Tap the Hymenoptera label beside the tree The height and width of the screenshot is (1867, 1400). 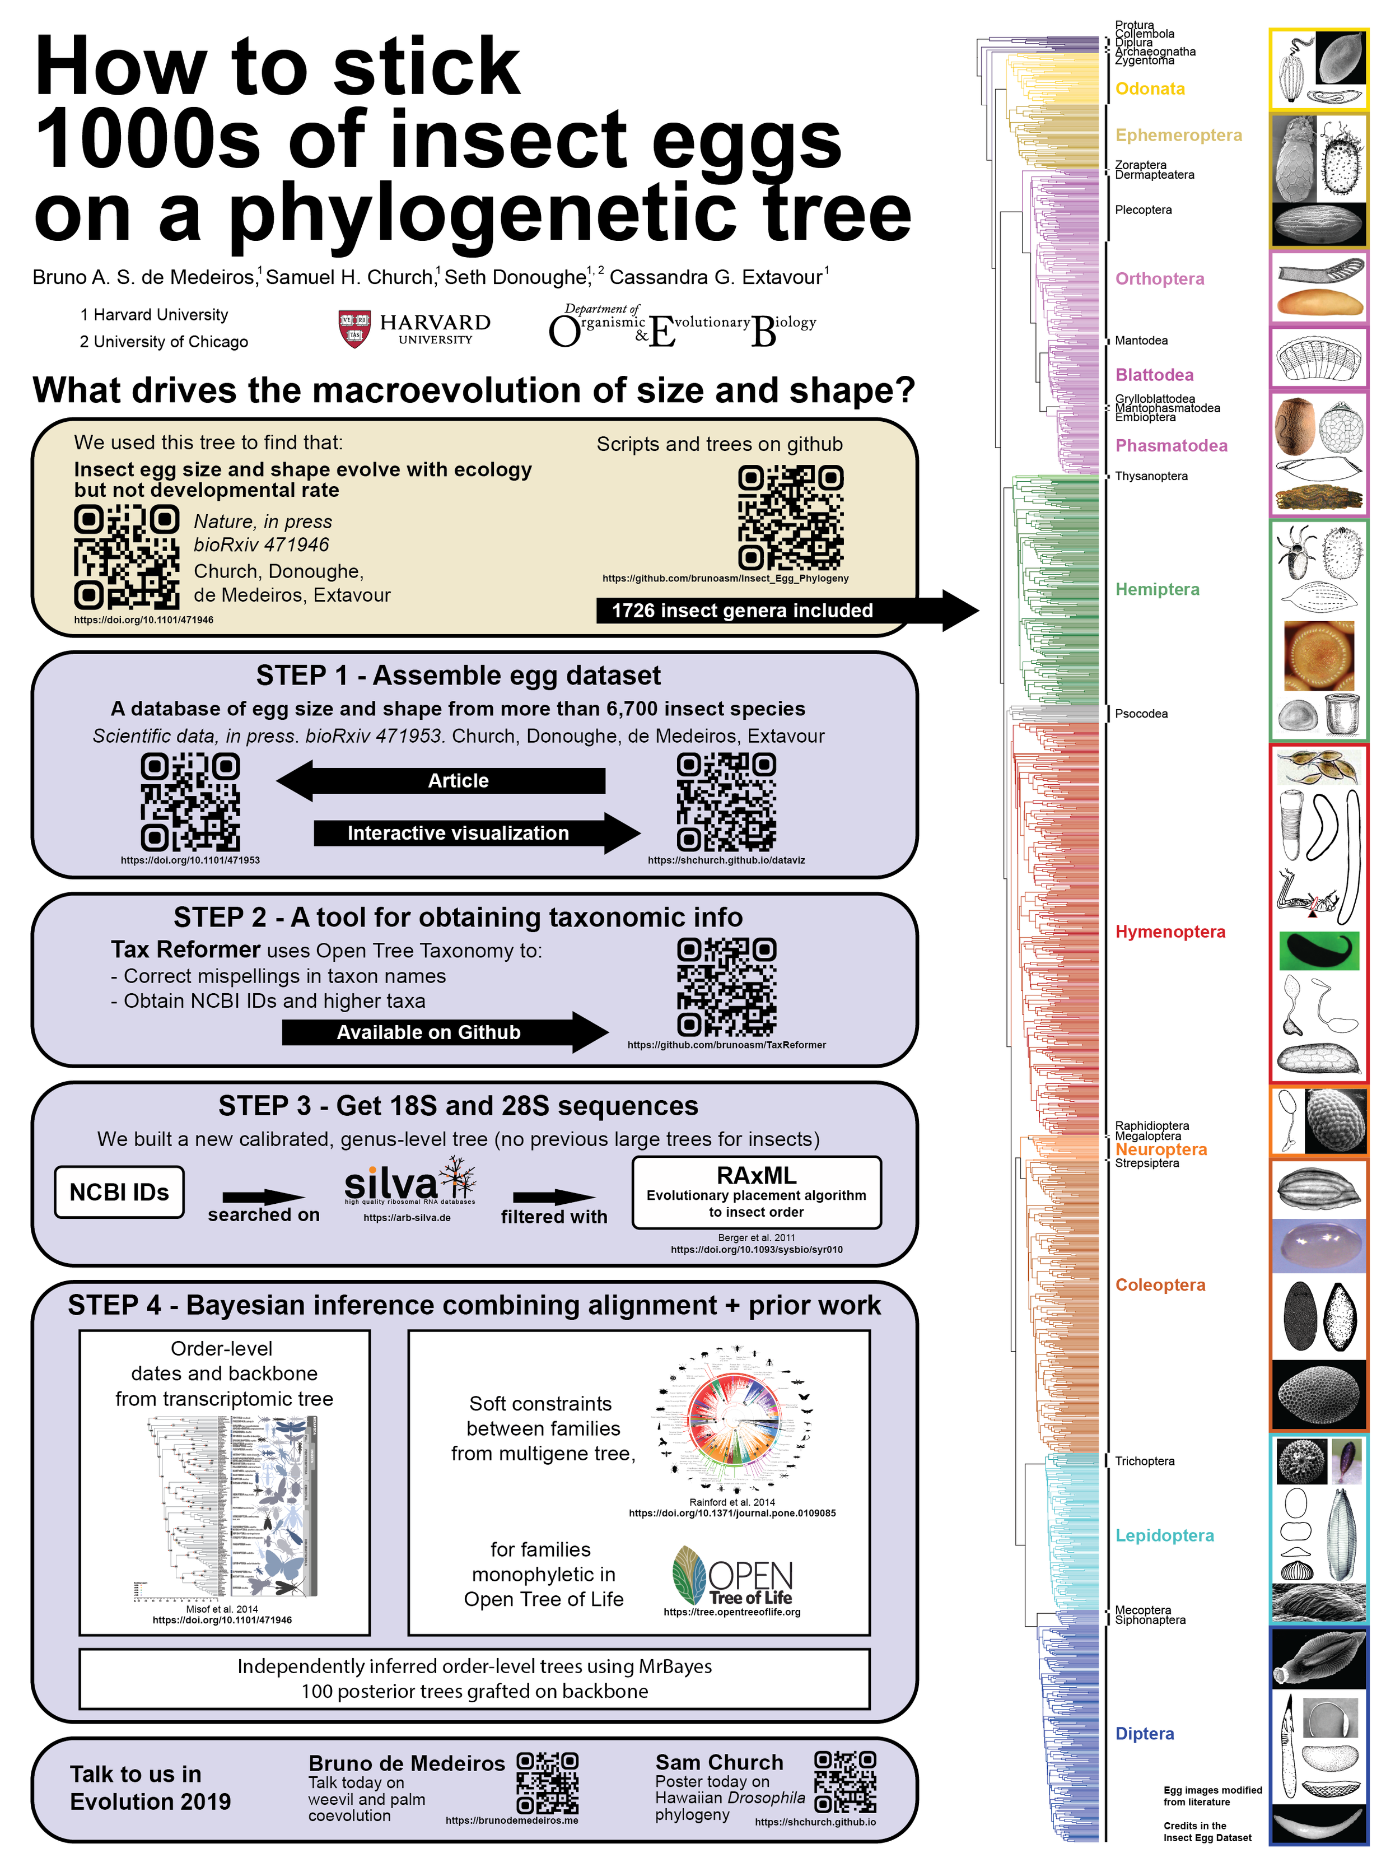1170,932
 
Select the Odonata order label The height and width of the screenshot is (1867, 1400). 1149,89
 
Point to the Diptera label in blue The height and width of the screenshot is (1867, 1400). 1144,1734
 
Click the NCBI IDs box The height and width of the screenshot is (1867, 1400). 119,1192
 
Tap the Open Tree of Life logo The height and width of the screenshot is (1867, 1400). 732,1575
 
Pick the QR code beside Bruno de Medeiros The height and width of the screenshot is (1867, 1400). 547,1782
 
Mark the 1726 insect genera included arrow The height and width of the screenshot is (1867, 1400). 785,610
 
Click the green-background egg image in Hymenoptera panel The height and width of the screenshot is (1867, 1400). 1318,951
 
